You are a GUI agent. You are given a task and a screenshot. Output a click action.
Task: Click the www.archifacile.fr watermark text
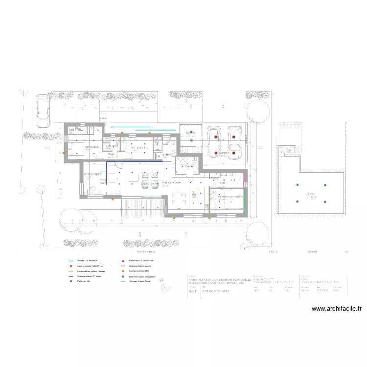click(336, 309)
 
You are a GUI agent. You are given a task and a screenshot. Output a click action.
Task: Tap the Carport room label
click(224, 153)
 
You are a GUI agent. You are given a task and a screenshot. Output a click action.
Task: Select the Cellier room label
click(189, 166)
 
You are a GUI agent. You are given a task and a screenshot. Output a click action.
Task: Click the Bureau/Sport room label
click(93, 174)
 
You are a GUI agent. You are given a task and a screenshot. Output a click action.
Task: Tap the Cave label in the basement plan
click(311, 194)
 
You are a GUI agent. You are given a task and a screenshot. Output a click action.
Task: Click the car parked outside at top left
click(43, 110)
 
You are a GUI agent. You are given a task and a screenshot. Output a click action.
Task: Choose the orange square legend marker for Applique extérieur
click(123, 271)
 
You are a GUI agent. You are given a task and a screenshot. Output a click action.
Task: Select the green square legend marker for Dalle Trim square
click(123, 276)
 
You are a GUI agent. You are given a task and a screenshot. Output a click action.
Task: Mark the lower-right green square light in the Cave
click(324, 201)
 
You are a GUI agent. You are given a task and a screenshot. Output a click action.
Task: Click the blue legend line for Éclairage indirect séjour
click(71, 276)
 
